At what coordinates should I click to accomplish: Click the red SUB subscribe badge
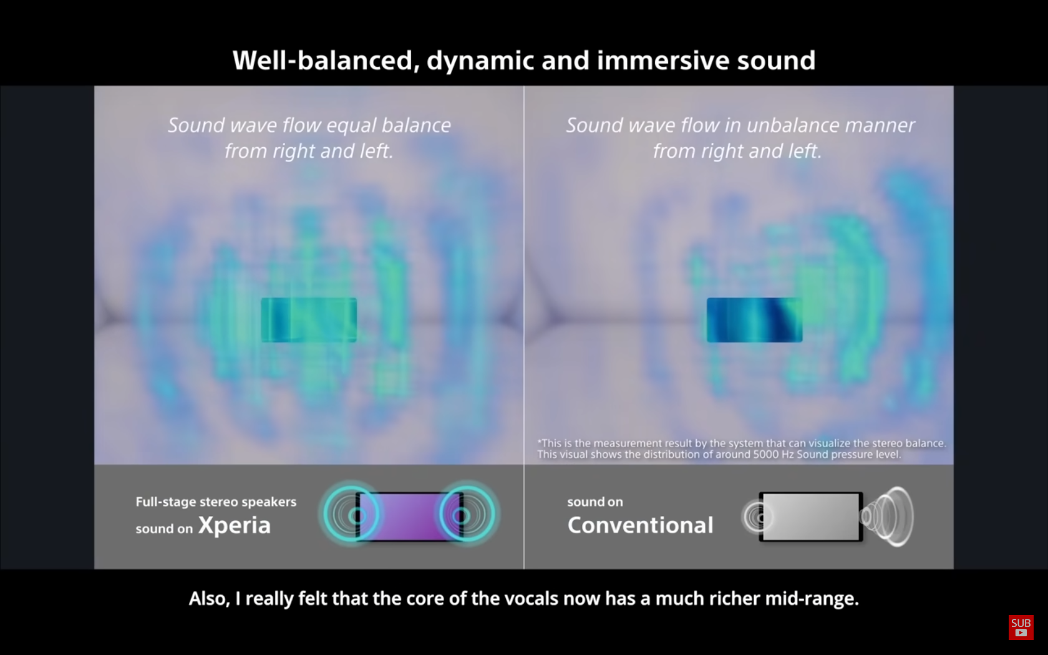[1021, 628]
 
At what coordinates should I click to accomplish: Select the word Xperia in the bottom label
[235, 525]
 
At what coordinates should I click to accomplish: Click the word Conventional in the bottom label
[641, 525]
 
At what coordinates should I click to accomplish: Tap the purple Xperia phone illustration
[410, 517]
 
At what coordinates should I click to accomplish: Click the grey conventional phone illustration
[811, 517]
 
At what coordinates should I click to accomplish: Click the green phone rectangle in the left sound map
[309, 320]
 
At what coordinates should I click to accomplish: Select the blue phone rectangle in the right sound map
[754, 320]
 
